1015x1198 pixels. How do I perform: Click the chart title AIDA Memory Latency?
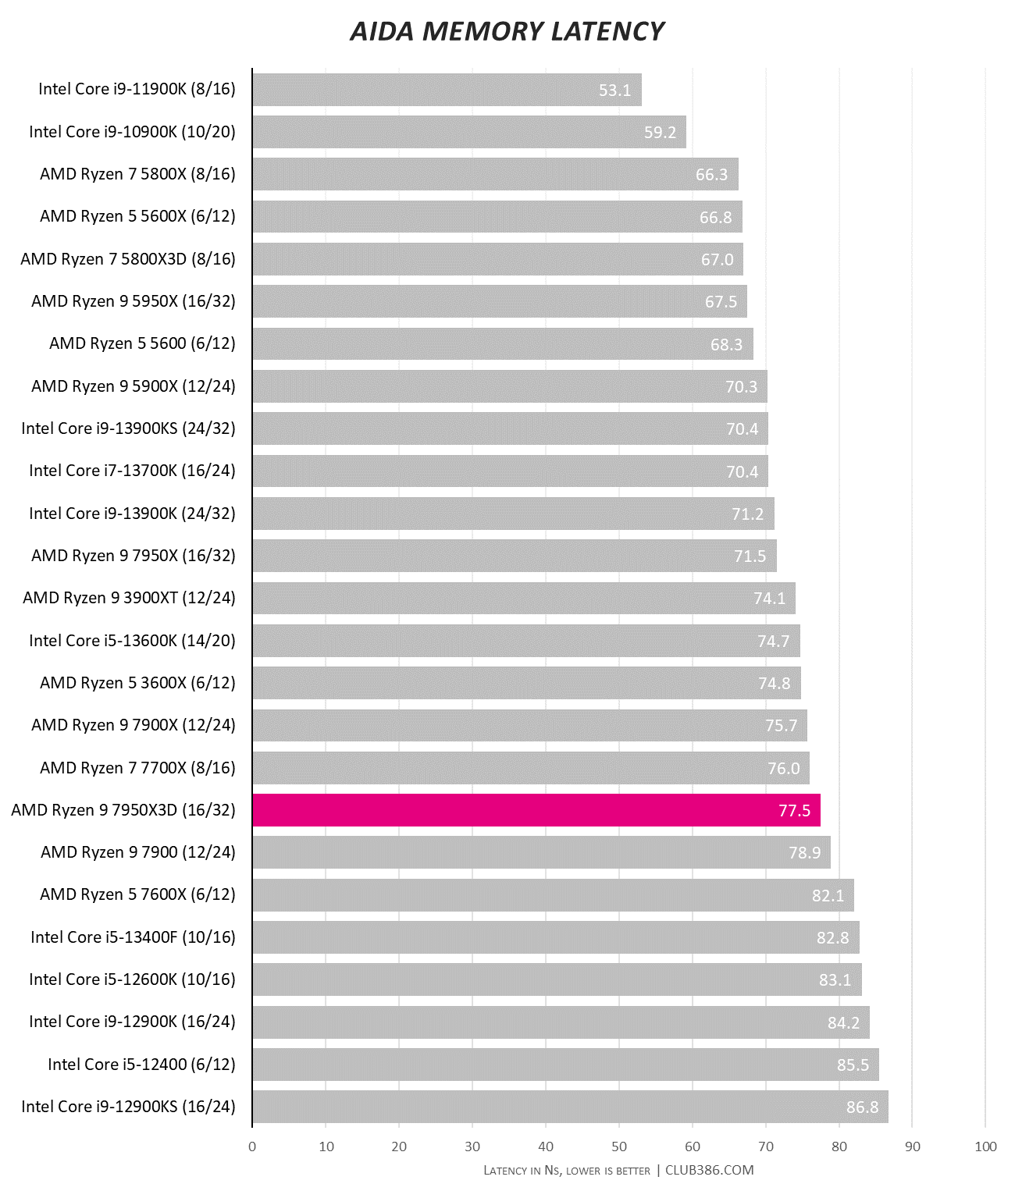[x=507, y=31]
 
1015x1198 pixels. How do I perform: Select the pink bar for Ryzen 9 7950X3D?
[x=536, y=810]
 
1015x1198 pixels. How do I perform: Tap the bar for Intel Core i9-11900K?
[x=447, y=90]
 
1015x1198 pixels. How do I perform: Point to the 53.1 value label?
[x=614, y=91]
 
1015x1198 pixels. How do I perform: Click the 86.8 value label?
[x=862, y=1107]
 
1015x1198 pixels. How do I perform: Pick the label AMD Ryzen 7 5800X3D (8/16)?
[x=128, y=259]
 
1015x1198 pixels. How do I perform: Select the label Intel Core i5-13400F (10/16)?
[x=133, y=937]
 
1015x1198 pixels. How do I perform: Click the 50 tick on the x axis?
[x=619, y=1146]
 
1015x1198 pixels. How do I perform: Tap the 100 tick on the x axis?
[x=986, y=1146]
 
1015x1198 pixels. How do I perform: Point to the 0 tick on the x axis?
[x=252, y=1146]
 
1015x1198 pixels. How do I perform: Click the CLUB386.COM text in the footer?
[x=710, y=1170]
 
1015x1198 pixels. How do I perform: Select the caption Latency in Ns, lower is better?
[x=567, y=1171]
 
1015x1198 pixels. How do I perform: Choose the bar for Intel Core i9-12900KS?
[x=570, y=1107]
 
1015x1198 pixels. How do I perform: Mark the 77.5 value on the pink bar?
[x=794, y=811]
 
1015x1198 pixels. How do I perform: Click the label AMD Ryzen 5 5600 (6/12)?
[x=142, y=343]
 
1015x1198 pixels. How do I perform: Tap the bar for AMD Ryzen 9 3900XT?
[x=523, y=598]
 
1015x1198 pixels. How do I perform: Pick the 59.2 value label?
[x=660, y=133]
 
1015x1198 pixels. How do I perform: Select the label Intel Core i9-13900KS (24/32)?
[x=128, y=428]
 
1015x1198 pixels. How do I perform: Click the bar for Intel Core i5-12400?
[x=565, y=1065]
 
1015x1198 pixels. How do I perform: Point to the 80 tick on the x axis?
[x=839, y=1146]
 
